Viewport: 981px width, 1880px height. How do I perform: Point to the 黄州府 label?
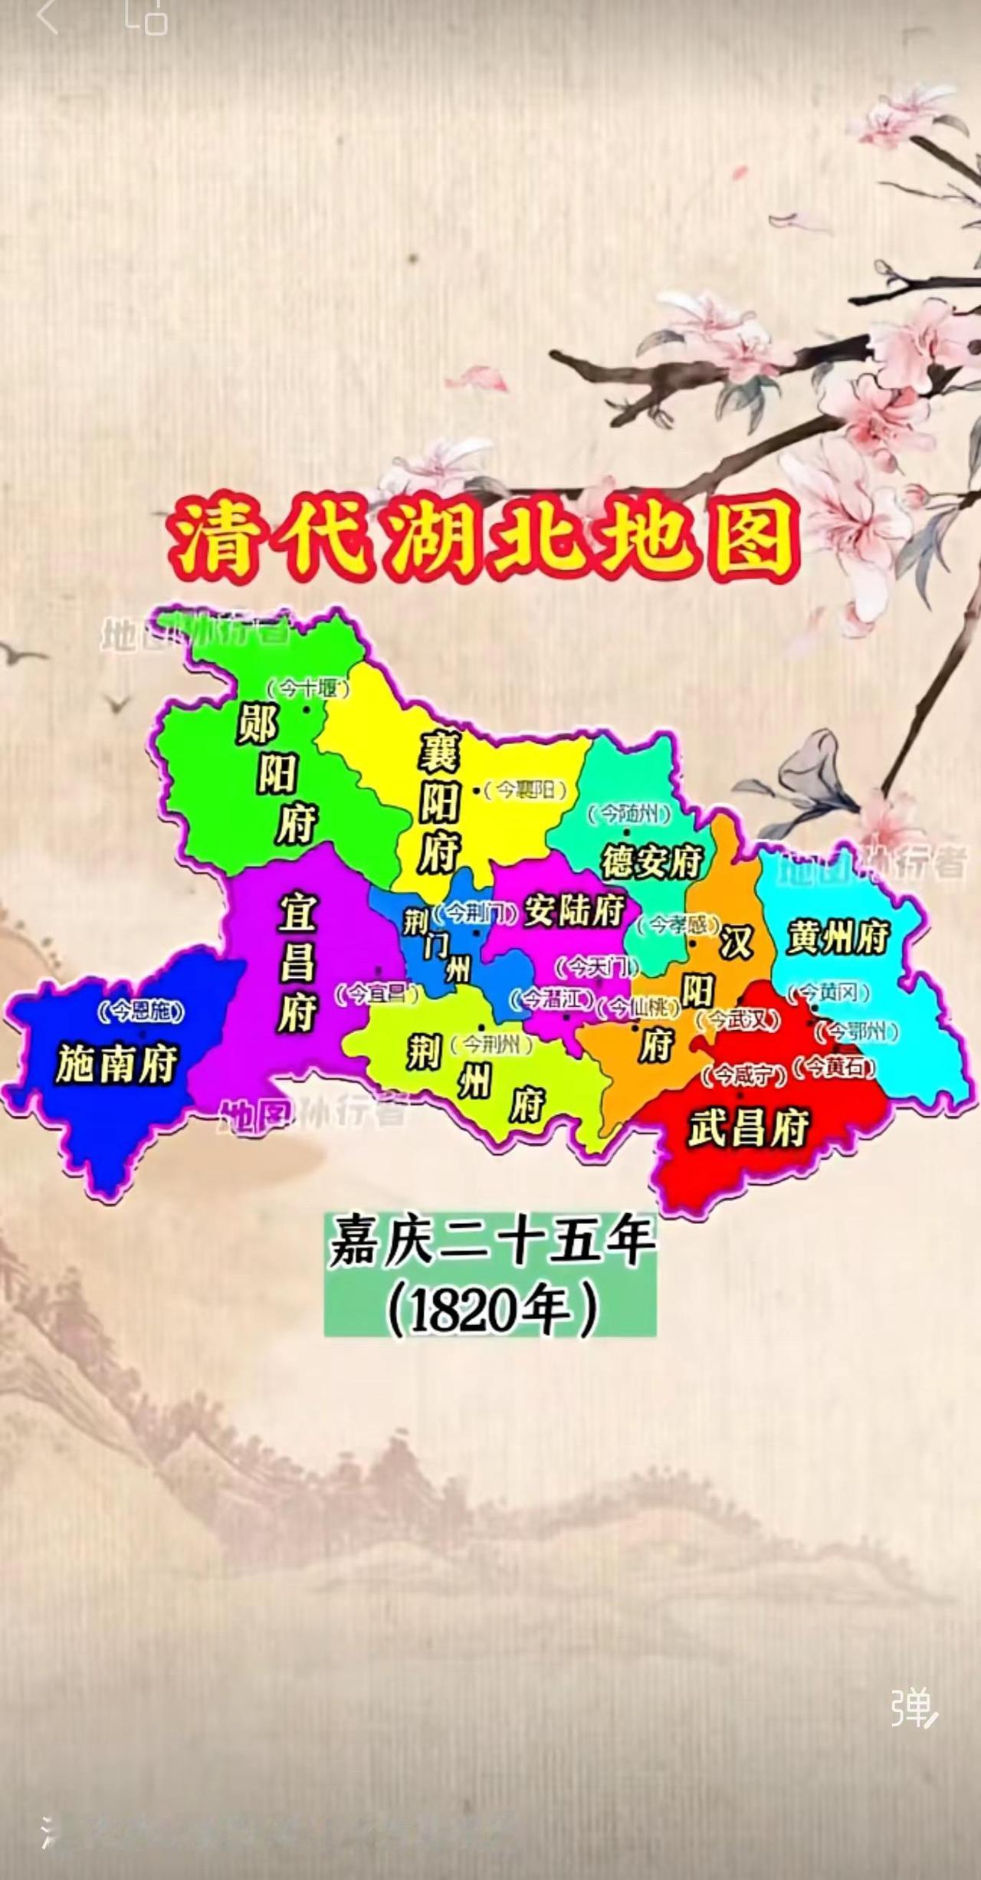click(838, 937)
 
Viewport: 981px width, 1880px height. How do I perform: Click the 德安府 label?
click(651, 861)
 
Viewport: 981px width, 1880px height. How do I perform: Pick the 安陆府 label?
click(573, 911)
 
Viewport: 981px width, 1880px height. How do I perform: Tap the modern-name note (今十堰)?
click(308, 688)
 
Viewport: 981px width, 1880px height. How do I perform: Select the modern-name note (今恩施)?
click(142, 1012)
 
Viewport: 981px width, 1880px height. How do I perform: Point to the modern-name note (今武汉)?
click(739, 1019)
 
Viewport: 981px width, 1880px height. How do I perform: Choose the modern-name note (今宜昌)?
click(379, 994)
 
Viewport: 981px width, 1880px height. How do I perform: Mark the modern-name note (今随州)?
click(629, 813)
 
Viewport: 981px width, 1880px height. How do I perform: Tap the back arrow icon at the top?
click(48, 17)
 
